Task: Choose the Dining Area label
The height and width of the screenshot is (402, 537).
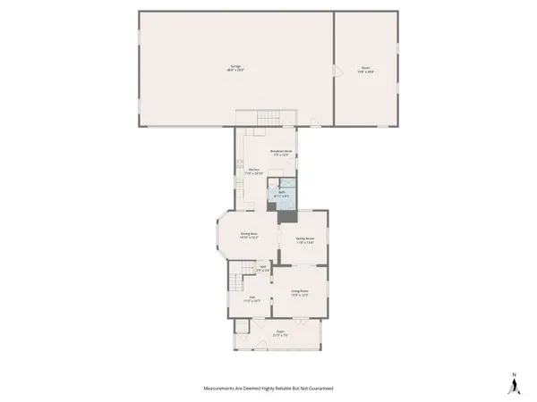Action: pos(248,233)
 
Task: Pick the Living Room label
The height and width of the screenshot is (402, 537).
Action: pos(298,290)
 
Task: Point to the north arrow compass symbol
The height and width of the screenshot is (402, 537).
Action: pos(514,383)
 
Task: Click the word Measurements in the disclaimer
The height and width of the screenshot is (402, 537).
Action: pos(222,389)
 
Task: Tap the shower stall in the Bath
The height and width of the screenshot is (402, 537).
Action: pos(291,202)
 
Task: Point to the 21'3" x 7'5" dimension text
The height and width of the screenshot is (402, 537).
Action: pos(280,334)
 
